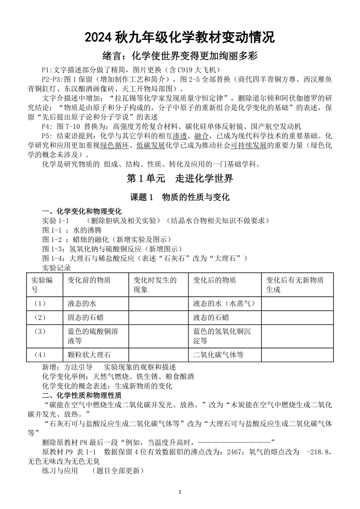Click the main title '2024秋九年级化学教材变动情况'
(180, 38)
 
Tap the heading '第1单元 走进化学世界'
(180, 179)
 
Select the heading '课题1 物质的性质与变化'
(180, 197)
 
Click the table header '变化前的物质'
(89, 280)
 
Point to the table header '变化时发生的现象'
(155, 285)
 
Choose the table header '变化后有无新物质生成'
(294, 285)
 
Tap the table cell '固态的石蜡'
(86, 317)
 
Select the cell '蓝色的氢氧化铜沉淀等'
(222, 336)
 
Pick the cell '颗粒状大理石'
(89, 355)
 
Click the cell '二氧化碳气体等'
(218, 355)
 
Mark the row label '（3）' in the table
(40, 332)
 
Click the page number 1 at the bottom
(180, 491)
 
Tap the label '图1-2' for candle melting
(52, 239)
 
